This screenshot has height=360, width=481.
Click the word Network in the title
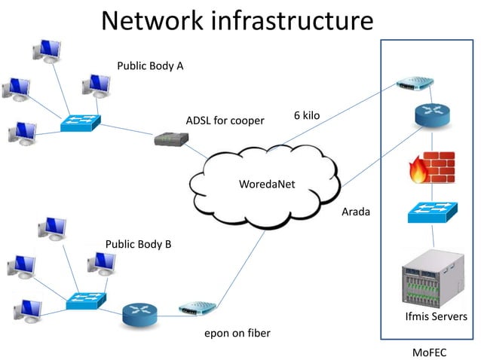152,20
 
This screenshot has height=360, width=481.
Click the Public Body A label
150,66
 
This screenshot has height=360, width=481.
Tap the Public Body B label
138,244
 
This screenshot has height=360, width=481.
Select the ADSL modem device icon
169,139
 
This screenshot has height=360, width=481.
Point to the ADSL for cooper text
225,121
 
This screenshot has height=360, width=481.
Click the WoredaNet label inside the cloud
266,184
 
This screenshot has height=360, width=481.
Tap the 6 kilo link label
307,115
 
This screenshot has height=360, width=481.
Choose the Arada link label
356,212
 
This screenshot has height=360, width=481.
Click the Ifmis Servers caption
436,316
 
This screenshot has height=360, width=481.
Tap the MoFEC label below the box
430,352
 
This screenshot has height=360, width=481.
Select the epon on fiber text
237,333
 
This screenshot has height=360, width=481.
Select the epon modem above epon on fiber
198,308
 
